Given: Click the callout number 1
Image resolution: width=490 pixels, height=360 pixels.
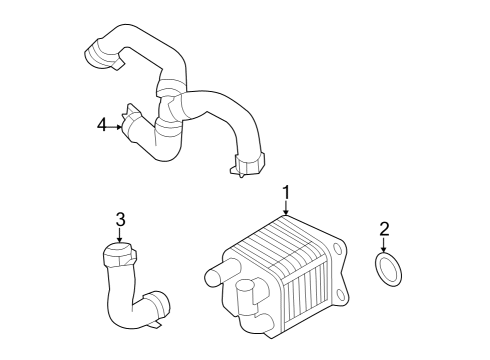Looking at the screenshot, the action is click(x=286, y=191).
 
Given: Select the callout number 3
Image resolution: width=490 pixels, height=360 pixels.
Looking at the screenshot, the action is click(x=119, y=219).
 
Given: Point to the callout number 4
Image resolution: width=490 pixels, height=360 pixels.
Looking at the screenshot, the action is click(x=101, y=125).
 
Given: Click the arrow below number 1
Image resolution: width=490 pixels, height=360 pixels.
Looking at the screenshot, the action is click(x=286, y=208).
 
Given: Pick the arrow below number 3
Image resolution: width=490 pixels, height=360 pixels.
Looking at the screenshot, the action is click(x=119, y=236).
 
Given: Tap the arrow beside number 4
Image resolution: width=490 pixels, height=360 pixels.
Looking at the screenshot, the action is click(x=117, y=126).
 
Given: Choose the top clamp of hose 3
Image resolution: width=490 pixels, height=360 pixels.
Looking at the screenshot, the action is click(x=118, y=257).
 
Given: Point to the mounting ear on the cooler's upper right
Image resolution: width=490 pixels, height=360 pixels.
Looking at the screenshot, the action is click(x=340, y=246).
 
